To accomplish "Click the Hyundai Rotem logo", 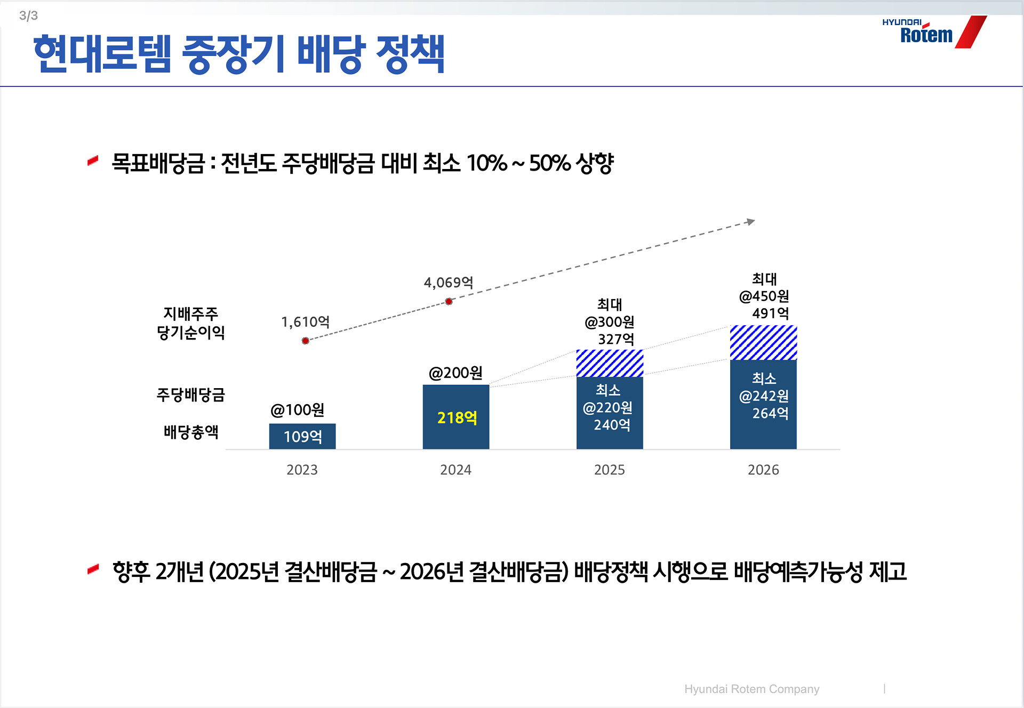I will coord(933,33).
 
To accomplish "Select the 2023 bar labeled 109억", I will coord(302,436).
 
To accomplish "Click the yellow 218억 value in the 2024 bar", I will coord(457,417).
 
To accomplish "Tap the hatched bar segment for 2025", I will coord(610,363).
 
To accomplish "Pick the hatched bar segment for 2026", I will coord(763,342).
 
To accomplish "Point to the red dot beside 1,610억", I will coord(305,341).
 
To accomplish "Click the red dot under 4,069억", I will coord(449,302).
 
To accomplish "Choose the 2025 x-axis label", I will coord(609,470).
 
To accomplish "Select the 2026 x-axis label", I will coord(763,470).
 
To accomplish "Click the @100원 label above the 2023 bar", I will coord(297,410).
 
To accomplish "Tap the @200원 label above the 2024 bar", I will coord(455,373).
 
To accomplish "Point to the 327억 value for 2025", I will coord(616,339).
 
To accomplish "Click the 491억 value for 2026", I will coord(770,313).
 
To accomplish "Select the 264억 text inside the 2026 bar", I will coord(770,413).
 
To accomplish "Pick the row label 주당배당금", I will coord(190,395).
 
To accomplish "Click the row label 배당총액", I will coord(191,432).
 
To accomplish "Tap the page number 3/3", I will coord(28,15).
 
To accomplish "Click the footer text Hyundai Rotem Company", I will coord(751,689).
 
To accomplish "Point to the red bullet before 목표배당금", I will coord(93,160).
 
